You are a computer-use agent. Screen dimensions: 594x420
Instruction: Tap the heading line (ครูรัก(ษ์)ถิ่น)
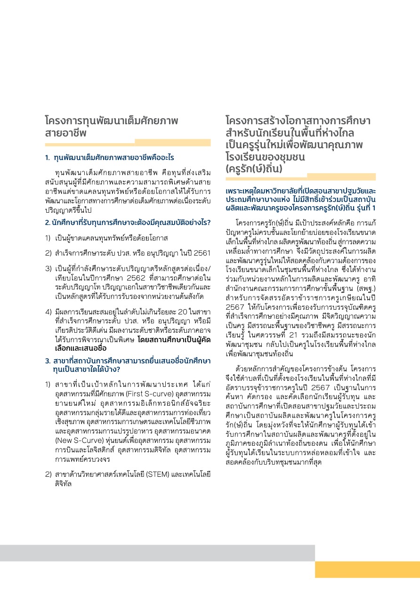pos(254,168)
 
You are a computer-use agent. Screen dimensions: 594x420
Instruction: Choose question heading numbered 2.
pos(128,222)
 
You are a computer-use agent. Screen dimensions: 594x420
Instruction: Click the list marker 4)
pos(48,312)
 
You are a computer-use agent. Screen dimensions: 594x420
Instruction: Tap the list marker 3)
pos(48,269)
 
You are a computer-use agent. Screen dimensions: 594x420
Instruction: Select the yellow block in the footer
pos(367,570)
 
